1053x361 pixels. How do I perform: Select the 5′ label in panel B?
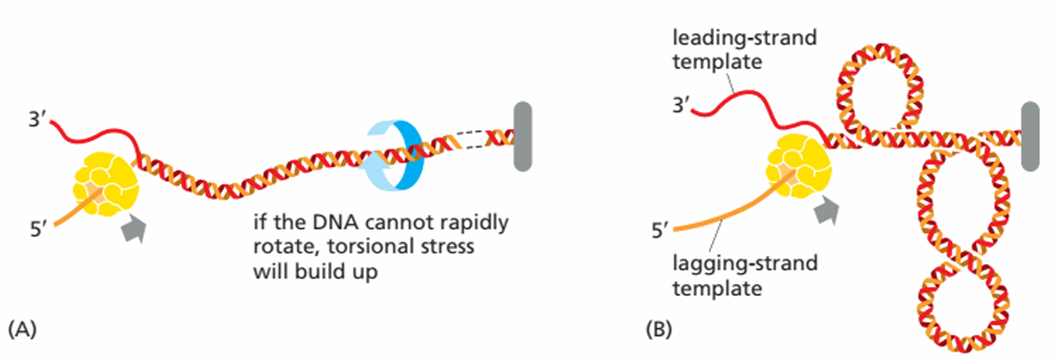661,233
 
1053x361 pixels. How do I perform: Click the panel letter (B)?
659,329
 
